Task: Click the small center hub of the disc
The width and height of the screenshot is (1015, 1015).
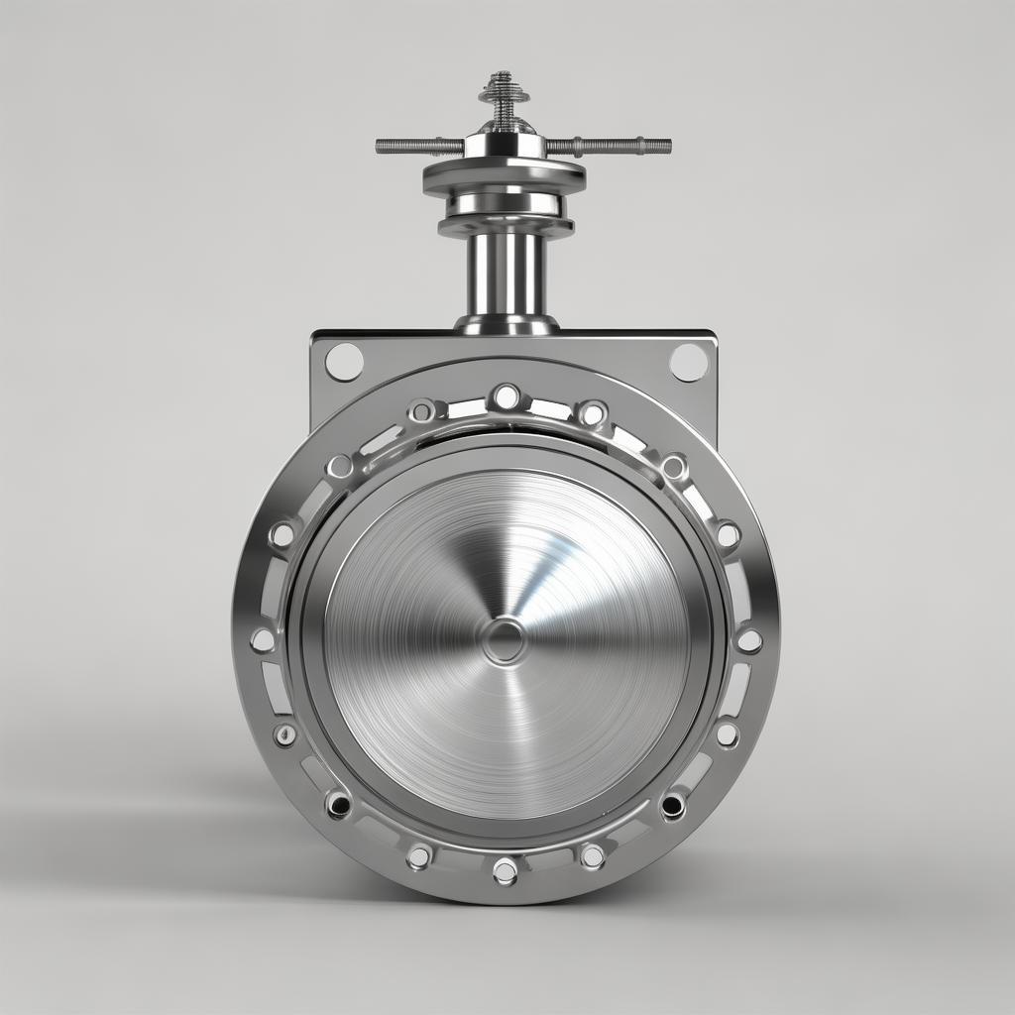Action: pyautogui.click(x=506, y=641)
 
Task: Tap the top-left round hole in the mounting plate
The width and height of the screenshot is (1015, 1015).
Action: pyautogui.click(x=344, y=362)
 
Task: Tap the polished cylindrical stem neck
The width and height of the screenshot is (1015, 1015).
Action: pyautogui.click(x=506, y=274)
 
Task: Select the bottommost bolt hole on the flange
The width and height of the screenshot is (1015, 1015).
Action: pyautogui.click(x=506, y=871)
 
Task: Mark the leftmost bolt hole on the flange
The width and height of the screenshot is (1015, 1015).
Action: pyautogui.click(x=263, y=640)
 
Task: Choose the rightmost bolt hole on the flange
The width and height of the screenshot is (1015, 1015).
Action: pyautogui.click(x=749, y=640)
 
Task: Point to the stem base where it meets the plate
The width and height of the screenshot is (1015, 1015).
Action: pyautogui.click(x=506, y=325)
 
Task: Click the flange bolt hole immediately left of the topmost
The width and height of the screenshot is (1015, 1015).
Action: pyautogui.click(x=422, y=410)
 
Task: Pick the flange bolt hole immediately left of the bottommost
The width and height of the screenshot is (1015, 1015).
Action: pyautogui.click(x=419, y=856)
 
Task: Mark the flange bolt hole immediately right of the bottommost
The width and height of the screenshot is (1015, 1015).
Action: pyautogui.click(x=592, y=856)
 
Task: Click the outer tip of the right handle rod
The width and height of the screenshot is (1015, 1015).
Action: pyautogui.click(x=666, y=147)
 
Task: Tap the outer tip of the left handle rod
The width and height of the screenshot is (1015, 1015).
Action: pyautogui.click(x=381, y=146)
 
